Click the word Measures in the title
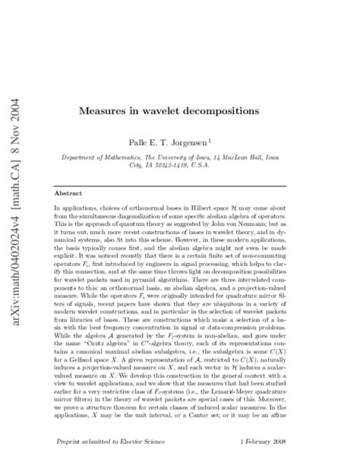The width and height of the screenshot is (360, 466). (103, 110)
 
